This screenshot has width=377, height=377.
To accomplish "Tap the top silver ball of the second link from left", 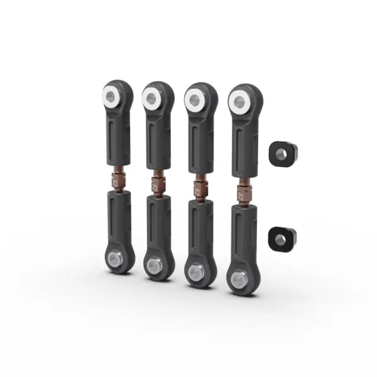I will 151,97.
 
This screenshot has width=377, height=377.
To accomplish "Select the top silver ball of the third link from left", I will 195,99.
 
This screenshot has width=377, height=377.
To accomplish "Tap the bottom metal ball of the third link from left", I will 195,271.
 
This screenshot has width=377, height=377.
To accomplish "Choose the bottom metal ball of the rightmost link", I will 238,278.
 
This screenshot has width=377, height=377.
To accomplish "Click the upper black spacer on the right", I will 282,152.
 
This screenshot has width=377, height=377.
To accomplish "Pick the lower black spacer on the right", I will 282,237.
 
